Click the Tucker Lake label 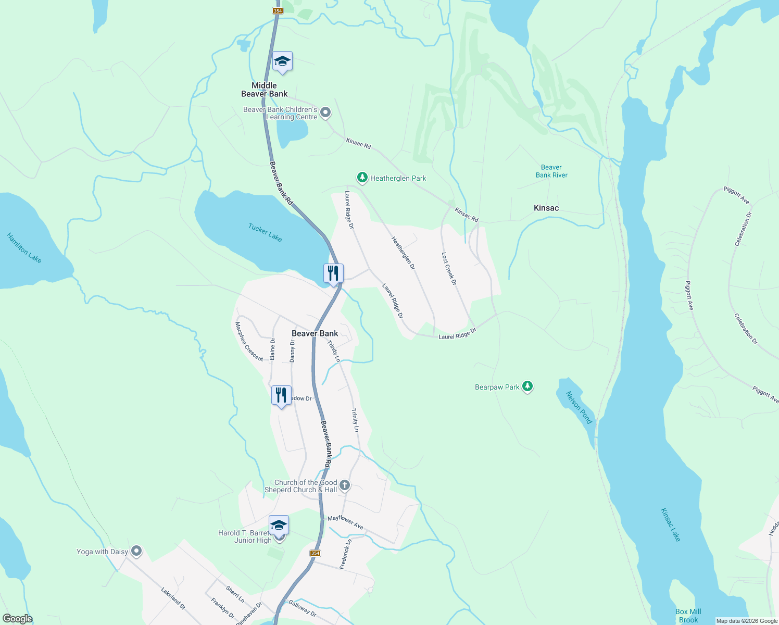pos(265,232)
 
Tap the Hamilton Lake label pos(24,248)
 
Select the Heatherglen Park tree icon pos(362,178)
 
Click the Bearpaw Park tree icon pos(528,386)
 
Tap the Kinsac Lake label pos(671,524)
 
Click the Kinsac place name pos(546,208)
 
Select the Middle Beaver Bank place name pos(264,90)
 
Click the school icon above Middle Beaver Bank pos(282,62)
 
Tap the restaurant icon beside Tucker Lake pos(333,273)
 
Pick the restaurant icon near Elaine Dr pos(281,395)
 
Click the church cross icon pos(345,486)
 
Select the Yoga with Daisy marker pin pos(136,551)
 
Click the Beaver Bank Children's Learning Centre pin pos(325,113)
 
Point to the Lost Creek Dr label pos(449,269)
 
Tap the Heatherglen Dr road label pos(404,253)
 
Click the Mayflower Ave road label pos(345,522)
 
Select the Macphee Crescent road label pos(248,342)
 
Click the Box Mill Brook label pos(688,616)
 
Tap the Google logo pos(18,619)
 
